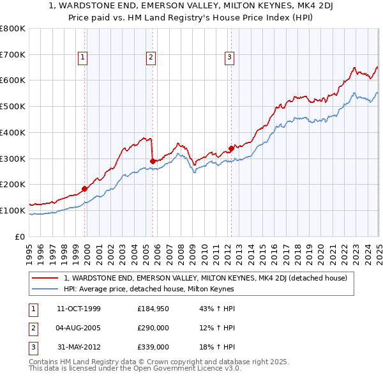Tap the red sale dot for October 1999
tap(85, 188)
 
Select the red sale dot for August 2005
tap(153, 161)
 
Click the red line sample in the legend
tap(45, 278)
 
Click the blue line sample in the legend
tap(45, 289)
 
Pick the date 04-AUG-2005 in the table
tap(79, 328)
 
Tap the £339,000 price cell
tap(153, 347)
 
